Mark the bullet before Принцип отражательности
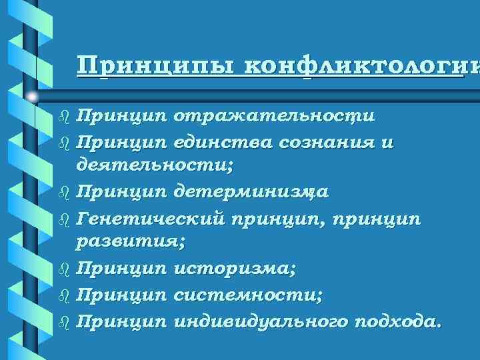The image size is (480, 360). (x=64, y=117)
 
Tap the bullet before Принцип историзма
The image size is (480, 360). (x=64, y=270)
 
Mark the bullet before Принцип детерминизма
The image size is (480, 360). (x=64, y=193)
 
